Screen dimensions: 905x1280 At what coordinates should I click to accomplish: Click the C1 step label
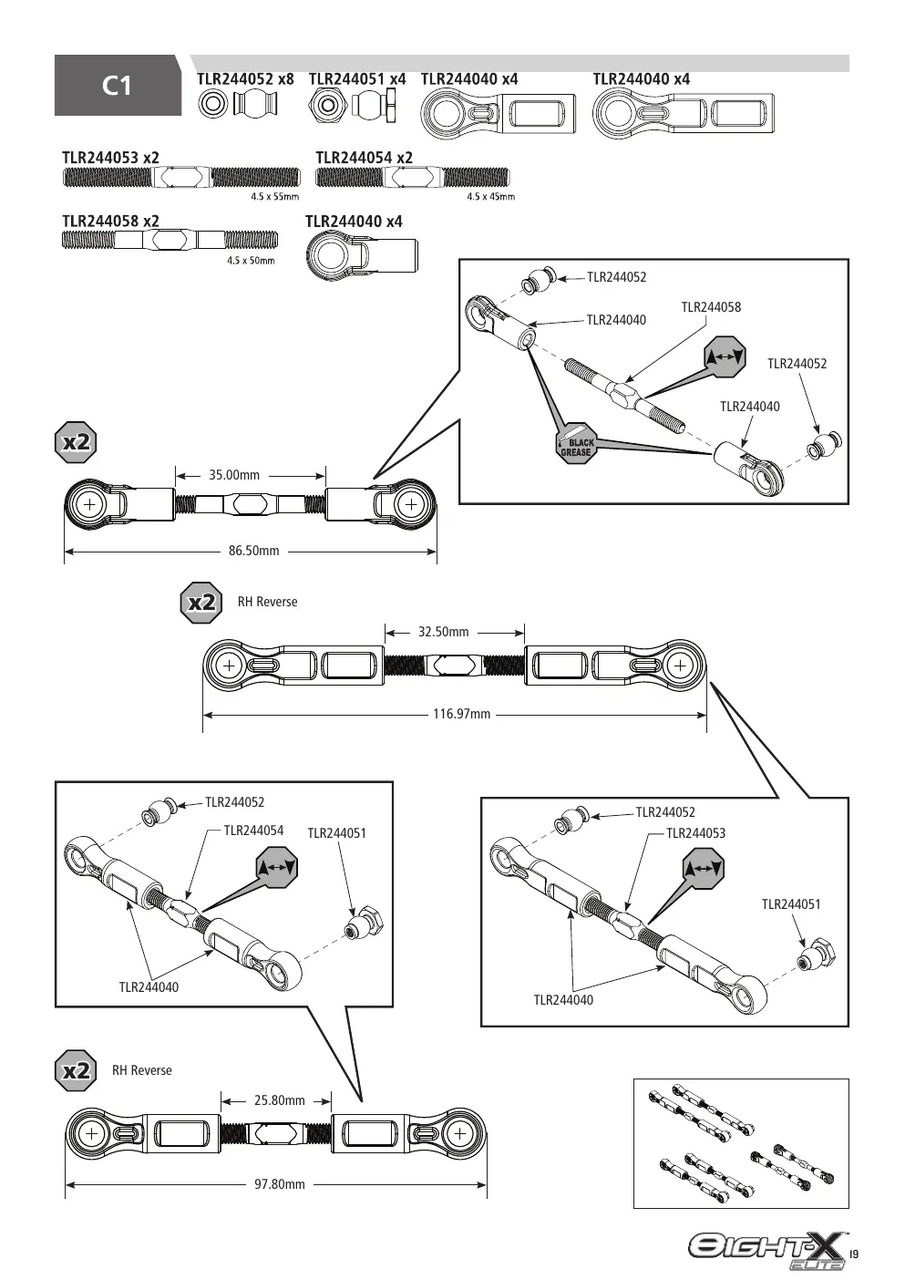(x=118, y=86)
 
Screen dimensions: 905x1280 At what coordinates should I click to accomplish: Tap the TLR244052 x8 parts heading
(x=246, y=78)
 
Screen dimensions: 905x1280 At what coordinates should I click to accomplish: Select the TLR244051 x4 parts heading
(x=357, y=78)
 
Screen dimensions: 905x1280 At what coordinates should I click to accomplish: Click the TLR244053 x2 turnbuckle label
(x=111, y=158)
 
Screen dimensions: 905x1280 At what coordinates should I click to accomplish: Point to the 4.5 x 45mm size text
(x=491, y=197)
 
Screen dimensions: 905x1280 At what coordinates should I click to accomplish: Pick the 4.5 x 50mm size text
(x=251, y=261)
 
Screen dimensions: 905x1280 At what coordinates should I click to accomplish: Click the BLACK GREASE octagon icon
(x=577, y=443)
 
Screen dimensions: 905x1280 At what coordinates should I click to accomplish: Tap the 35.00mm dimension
(x=234, y=475)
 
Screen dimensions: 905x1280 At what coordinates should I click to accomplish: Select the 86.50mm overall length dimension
(x=254, y=551)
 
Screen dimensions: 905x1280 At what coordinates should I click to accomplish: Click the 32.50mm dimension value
(x=443, y=632)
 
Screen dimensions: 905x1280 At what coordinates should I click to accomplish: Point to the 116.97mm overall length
(x=462, y=714)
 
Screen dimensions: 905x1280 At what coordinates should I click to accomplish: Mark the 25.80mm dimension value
(x=280, y=1100)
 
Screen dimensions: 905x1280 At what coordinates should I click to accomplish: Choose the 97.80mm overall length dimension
(x=280, y=1184)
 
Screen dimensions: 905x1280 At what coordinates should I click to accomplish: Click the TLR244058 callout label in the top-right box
(x=711, y=307)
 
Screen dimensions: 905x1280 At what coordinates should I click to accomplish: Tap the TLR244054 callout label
(x=253, y=831)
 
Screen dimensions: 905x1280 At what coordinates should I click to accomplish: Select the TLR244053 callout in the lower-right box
(x=696, y=833)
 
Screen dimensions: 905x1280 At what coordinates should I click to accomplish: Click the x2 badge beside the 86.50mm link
(x=76, y=442)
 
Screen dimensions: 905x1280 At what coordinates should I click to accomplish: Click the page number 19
(x=854, y=1254)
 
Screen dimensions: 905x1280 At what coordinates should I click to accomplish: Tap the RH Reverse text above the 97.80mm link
(x=141, y=1071)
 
